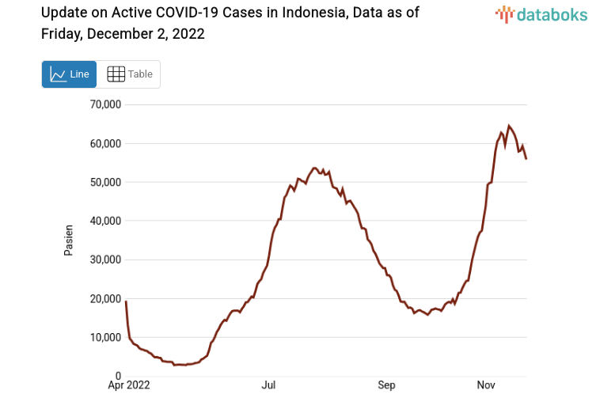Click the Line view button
[x=70, y=74]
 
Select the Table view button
[x=129, y=74]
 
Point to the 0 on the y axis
[x=117, y=377]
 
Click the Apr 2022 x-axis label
[x=127, y=385]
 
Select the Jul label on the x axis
[x=268, y=385]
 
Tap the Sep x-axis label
[x=386, y=385]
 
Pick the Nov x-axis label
[x=486, y=385]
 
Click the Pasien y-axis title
[x=69, y=240]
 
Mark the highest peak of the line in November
[x=509, y=126]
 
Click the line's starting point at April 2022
[x=126, y=301]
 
